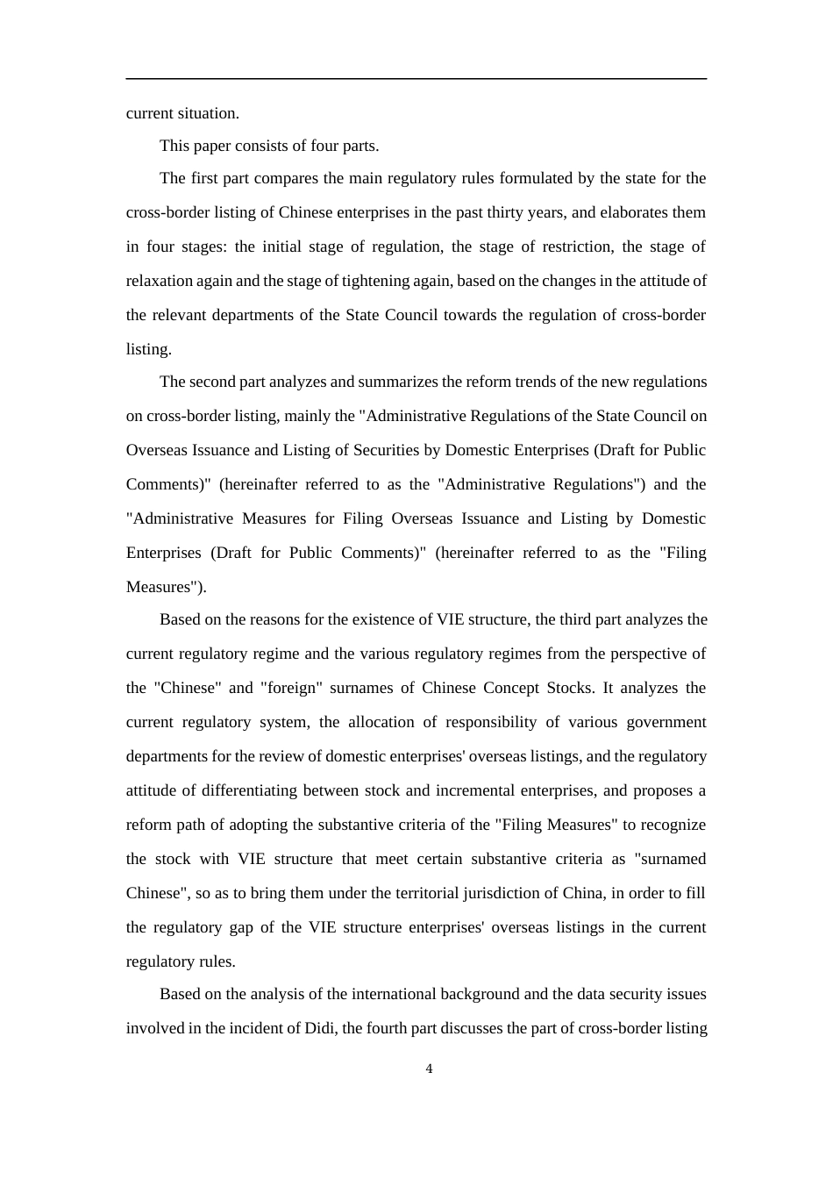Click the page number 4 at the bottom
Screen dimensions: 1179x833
(429, 1068)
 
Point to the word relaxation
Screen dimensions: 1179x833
(158, 281)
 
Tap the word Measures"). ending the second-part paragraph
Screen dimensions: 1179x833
(167, 587)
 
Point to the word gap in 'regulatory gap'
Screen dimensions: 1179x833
(250, 927)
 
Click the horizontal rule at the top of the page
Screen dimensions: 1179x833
(416, 79)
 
